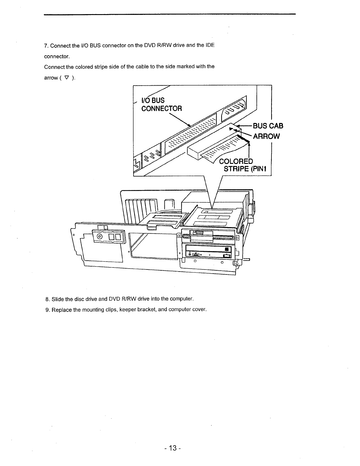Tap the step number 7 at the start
(46, 46)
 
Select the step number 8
(47, 299)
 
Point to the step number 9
(47, 310)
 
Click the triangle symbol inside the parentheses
(66, 78)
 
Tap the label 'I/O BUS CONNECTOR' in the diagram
(161, 104)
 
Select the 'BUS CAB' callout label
(268, 126)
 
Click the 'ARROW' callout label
(266, 136)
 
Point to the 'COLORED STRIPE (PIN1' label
(244, 165)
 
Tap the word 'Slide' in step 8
(58, 299)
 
